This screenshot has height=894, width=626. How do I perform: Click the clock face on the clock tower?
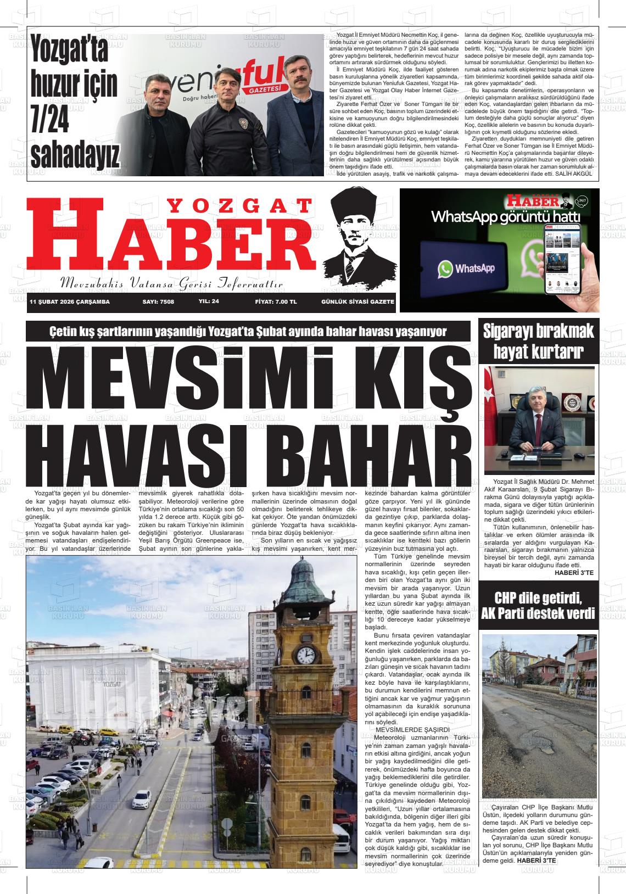[x=305, y=655]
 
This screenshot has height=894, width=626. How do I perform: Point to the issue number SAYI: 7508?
[x=158, y=301]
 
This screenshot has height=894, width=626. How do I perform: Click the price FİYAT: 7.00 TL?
[x=276, y=301]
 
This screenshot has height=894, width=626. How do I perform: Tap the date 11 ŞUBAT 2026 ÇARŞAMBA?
[x=70, y=301]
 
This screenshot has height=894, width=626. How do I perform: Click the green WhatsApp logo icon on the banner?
[x=446, y=269]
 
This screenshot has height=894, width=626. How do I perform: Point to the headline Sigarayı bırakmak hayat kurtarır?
[x=538, y=341]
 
